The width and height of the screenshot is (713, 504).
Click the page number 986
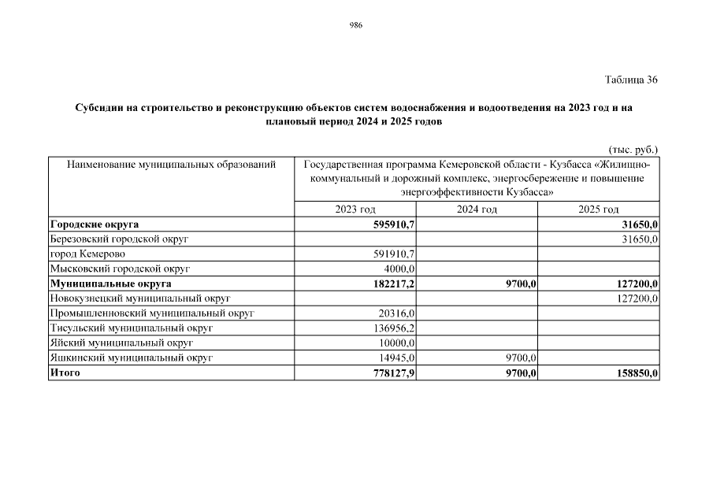pyautogui.click(x=355, y=25)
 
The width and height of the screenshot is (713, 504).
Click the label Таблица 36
pyautogui.click(x=630, y=80)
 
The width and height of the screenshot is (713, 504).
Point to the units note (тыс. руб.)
pyautogui.click(x=633, y=148)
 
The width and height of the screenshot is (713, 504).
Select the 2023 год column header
pyautogui.click(x=355, y=209)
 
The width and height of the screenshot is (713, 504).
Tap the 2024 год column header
pyautogui.click(x=477, y=209)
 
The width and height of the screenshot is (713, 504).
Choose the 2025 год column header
pyautogui.click(x=598, y=209)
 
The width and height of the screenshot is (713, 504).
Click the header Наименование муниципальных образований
pyautogui.click(x=171, y=165)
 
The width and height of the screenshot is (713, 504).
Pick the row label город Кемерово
pyautogui.click(x=87, y=254)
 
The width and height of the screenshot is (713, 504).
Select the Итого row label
pyautogui.click(x=65, y=373)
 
